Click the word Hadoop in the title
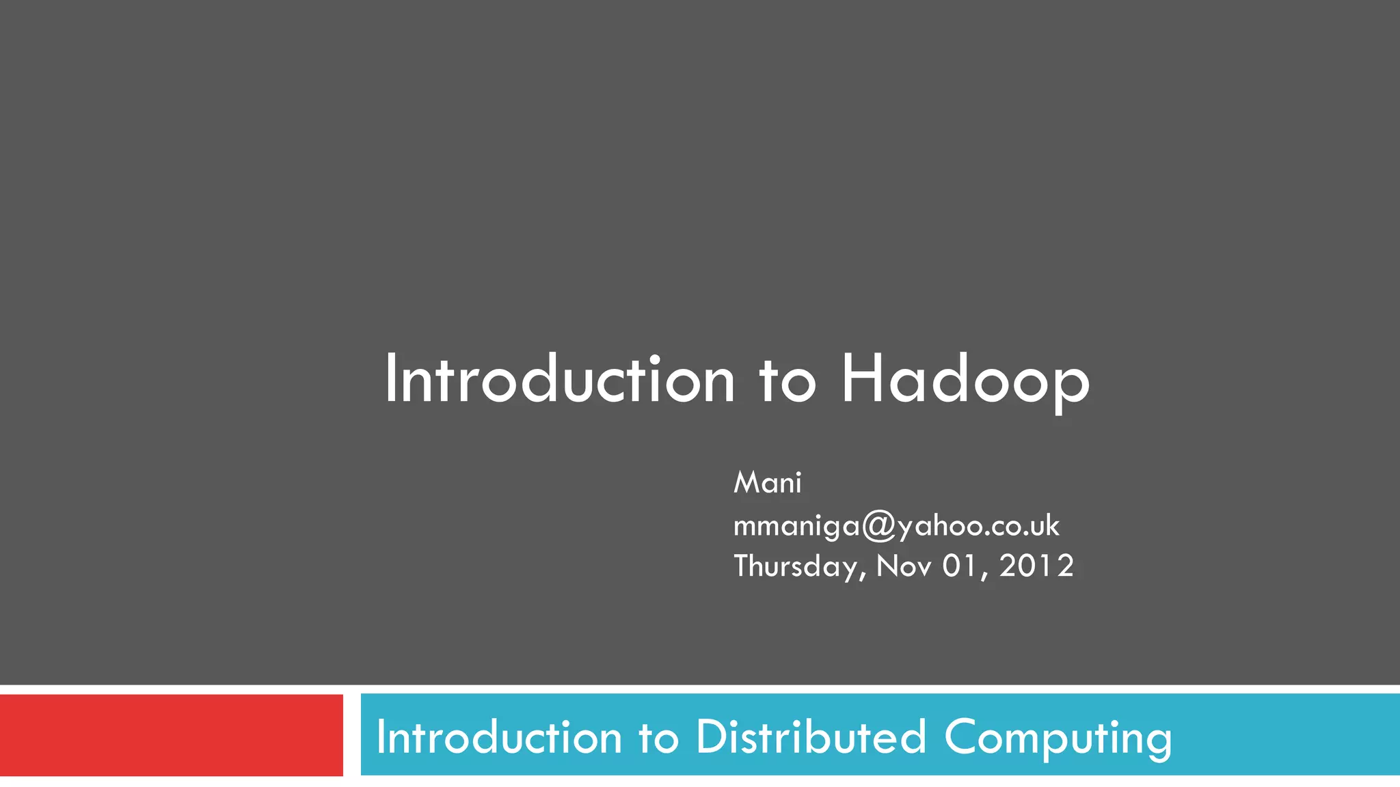(x=965, y=380)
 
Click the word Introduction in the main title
(x=559, y=380)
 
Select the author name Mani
(x=767, y=483)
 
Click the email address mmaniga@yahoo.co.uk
(x=896, y=525)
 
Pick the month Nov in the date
(x=904, y=566)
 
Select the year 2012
(x=1036, y=566)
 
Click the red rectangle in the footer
(x=171, y=735)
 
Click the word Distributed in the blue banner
(x=811, y=738)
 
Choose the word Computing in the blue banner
(x=1058, y=738)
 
